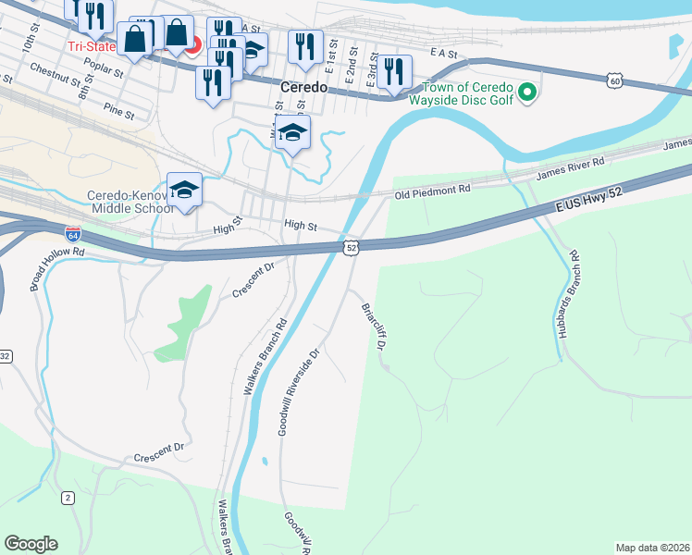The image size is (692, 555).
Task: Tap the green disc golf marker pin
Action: (526, 92)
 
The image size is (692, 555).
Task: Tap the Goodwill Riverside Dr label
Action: (299, 392)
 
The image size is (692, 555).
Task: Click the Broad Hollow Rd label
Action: (56, 269)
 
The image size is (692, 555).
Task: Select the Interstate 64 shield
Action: (73, 236)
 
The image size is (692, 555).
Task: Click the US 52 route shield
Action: (352, 247)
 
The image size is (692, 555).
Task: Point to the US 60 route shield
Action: (614, 82)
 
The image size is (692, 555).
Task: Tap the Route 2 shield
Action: (68, 498)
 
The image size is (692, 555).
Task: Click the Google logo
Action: (31, 544)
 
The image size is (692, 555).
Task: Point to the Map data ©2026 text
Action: (651, 548)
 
